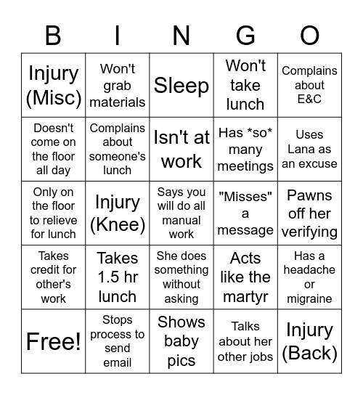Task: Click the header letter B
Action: (x=53, y=36)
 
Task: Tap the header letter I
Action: (x=118, y=36)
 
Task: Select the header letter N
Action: (x=181, y=36)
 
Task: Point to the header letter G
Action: (x=245, y=36)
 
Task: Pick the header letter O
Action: (x=309, y=36)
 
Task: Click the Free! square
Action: (x=53, y=341)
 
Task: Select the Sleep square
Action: (x=181, y=86)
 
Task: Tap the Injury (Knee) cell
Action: (x=118, y=213)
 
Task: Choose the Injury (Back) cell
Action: (x=309, y=341)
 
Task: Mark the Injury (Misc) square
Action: (x=53, y=86)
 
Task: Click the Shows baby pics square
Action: (x=181, y=341)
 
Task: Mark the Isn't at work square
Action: (x=181, y=149)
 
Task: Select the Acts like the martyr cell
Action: (x=245, y=277)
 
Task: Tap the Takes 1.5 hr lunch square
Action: (x=118, y=277)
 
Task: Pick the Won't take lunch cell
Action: (x=245, y=86)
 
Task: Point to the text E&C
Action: (x=309, y=99)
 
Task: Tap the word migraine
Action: (x=309, y=298)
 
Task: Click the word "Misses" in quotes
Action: (x=245, y=196)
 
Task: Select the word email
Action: (x=118, y=362)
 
